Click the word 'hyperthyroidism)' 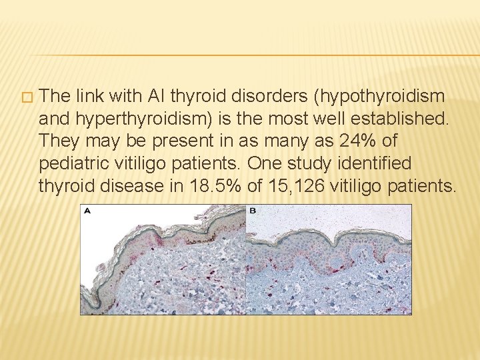point(144,119)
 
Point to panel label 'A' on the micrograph point(87,211)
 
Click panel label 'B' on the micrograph point(253,211)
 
